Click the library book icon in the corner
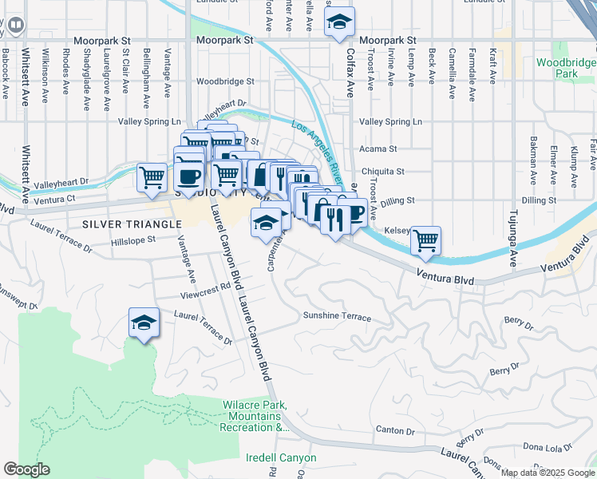pos(14,26)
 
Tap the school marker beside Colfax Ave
pos(339,23)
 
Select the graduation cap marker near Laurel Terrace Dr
pos(143,323)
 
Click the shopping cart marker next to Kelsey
pos(426,240)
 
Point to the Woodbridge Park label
pos(566,68)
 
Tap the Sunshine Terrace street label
pos(337,317)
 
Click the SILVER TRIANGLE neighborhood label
pos(131,224)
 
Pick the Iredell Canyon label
pos(281,458)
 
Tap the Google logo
pos(26,469)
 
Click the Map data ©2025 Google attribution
pos(548,473)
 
